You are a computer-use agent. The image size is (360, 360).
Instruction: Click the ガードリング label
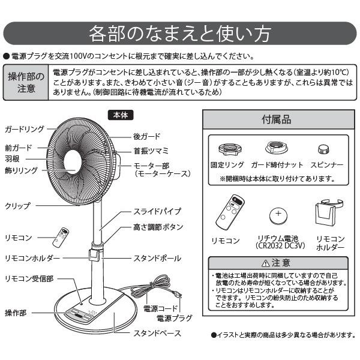pyautogui.click(x=24, y=129)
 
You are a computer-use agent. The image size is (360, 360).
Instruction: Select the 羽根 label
pyautogui.click(x=13, y=159)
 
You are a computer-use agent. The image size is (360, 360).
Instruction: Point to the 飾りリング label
pyautogui.click(x=21, y=170)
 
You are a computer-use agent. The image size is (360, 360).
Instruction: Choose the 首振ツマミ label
pyautogui.click(x=151, y=150)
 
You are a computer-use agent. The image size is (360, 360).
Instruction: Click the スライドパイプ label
pyautogui.click(x=157, y=212)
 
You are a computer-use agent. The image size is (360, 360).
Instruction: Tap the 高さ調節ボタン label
pyautogui.click(x=158, y=227)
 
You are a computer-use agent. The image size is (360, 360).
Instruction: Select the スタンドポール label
pyautogui.click(x=157, y=258)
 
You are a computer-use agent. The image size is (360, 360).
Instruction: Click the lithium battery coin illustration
pyautogui.click(x=280, y=215)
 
